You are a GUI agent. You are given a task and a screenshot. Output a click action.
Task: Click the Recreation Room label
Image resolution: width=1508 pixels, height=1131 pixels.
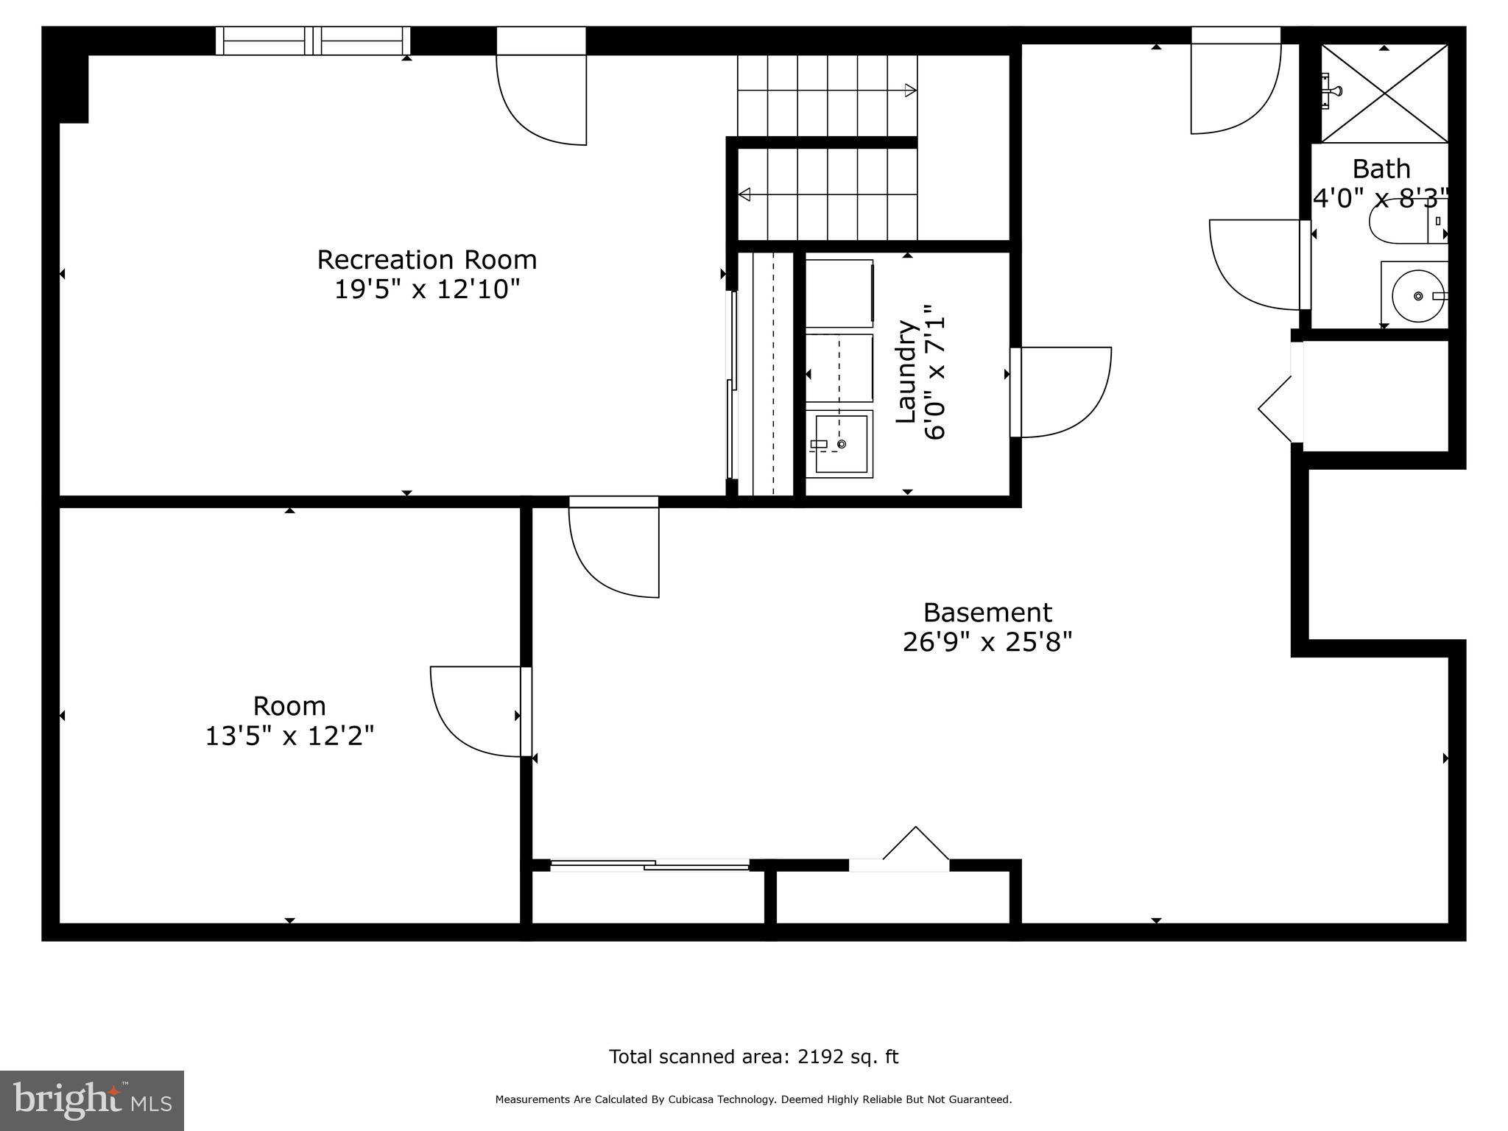426,260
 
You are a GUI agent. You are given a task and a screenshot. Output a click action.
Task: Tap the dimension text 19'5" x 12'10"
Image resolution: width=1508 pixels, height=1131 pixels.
426,289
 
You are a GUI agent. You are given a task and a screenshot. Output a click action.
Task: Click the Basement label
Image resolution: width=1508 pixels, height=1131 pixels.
987,613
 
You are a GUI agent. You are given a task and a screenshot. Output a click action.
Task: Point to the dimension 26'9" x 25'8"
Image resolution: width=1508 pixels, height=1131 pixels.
987,642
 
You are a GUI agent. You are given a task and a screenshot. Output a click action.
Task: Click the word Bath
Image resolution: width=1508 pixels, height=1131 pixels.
1381,169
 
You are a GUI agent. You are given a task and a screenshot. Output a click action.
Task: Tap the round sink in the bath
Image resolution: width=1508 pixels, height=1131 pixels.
1418,296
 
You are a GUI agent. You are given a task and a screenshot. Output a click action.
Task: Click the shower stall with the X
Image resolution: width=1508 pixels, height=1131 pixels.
1384,94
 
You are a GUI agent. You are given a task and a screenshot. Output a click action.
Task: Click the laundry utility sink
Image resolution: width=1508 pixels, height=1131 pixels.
839,443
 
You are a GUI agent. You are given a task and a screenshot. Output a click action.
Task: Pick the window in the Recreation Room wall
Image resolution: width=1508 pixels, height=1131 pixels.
313,40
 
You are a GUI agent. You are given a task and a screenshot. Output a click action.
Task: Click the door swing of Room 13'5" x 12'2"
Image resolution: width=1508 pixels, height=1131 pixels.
475,711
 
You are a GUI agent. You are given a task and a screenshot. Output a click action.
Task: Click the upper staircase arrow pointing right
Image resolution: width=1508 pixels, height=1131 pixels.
910,91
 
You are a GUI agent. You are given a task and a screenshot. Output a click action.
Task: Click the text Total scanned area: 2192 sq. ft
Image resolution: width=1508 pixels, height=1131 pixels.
753,1057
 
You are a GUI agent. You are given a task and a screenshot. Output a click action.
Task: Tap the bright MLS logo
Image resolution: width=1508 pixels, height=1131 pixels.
91,1100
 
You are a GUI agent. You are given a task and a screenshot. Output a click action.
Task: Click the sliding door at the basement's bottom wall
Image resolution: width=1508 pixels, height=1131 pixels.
649,865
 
